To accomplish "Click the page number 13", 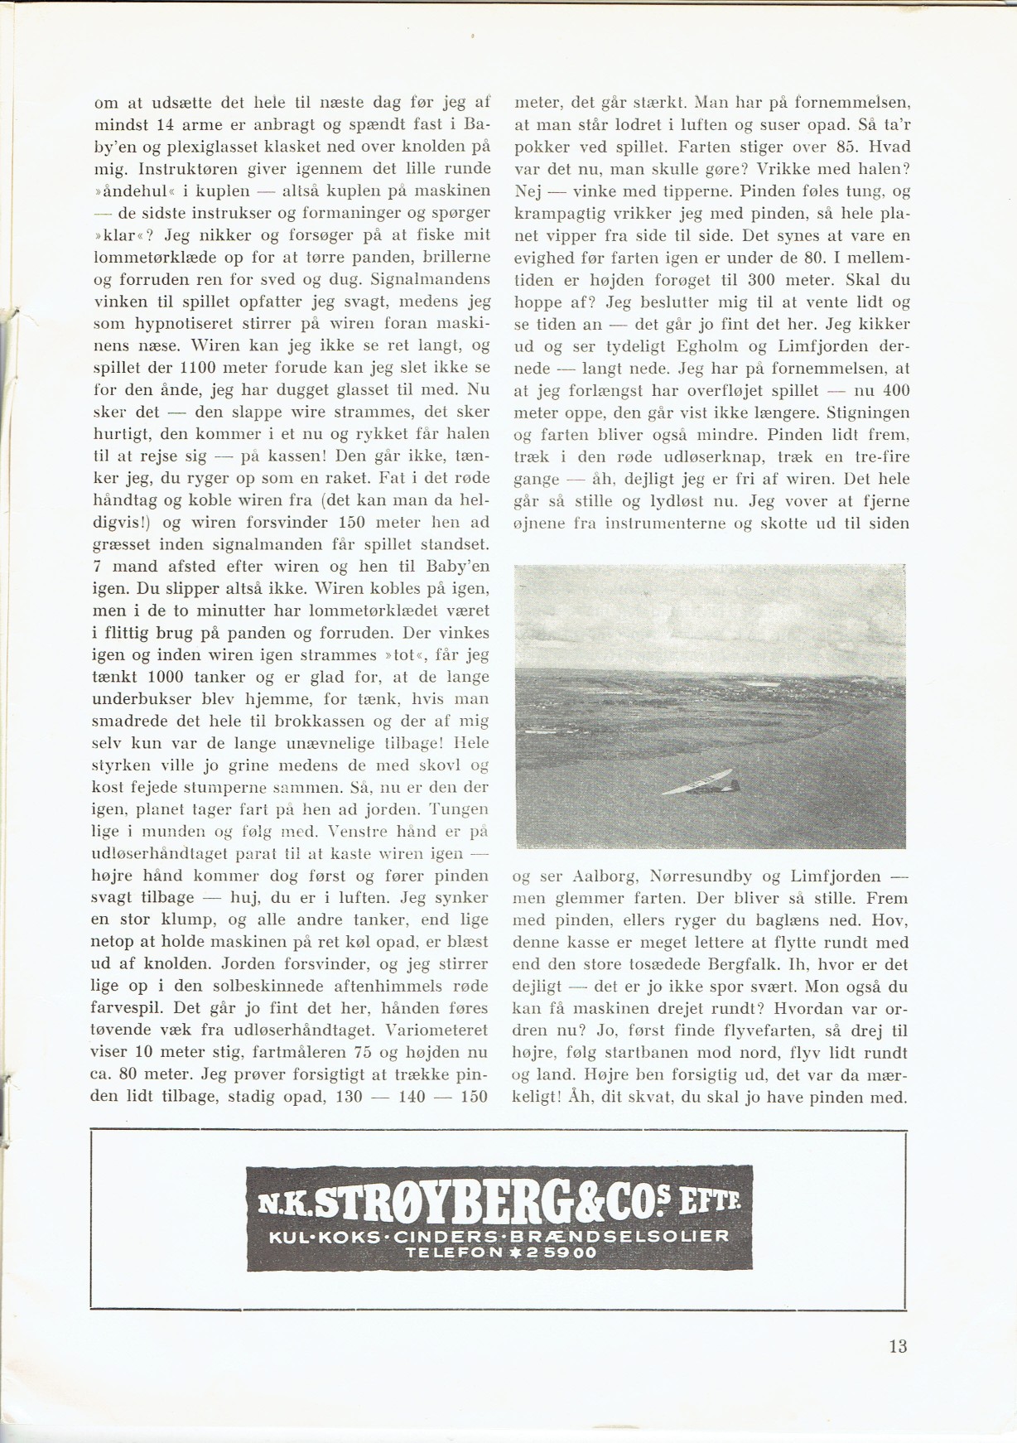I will tap(898, 1346).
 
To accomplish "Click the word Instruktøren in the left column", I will tap(191, 168).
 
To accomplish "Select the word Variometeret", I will tap(437, 1031).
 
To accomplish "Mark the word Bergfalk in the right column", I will tap(865, 964).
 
